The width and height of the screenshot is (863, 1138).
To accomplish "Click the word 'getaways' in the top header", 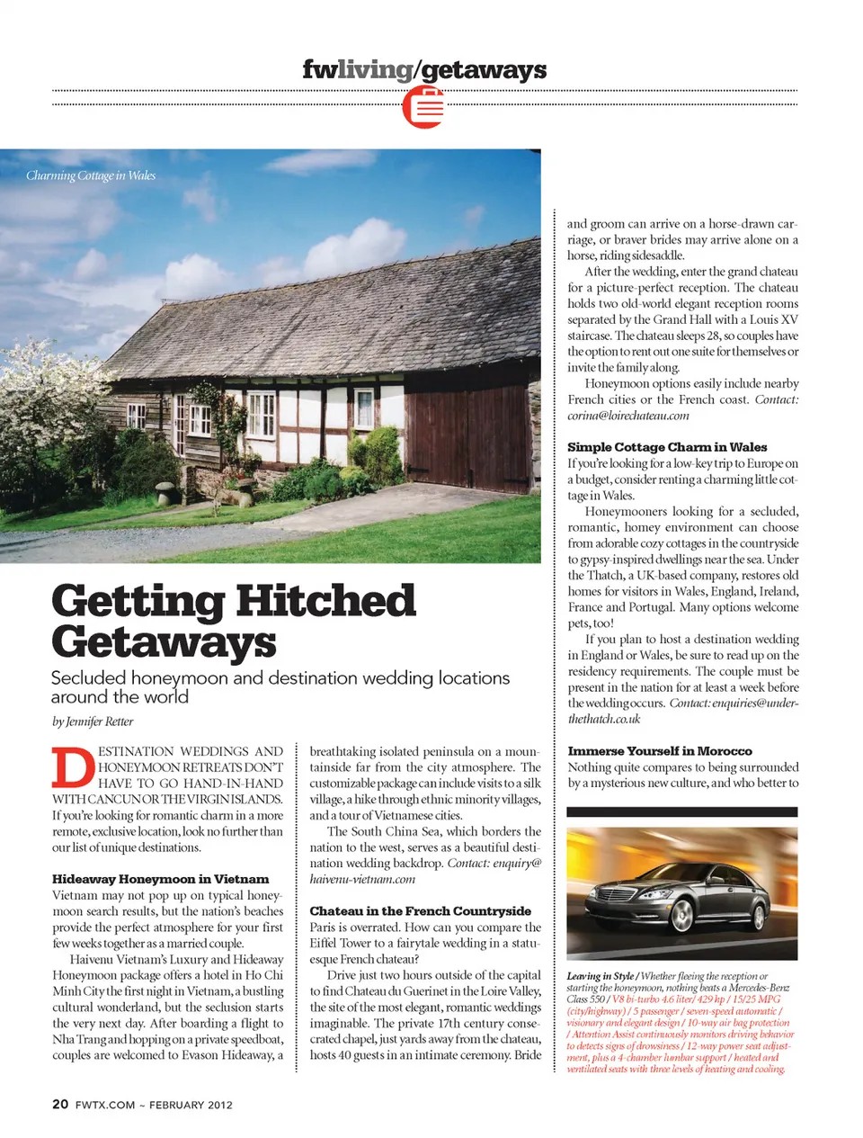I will tap(484, 69).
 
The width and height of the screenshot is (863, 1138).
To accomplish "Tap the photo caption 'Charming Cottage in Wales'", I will tap(91, 175).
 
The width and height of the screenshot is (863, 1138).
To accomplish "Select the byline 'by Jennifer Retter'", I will tap(93, 721).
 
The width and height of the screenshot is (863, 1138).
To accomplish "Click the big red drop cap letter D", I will tap(72, 767).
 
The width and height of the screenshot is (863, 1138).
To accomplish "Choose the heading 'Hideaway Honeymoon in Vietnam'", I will tap(160, 879).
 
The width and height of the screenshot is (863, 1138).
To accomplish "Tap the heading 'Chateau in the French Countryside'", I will tap(420, 910).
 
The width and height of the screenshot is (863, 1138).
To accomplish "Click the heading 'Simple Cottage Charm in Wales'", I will tap(667, 446).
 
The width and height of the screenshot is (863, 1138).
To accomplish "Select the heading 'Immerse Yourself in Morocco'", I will tap(659, 750).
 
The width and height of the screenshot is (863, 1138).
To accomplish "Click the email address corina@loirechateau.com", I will tap(627, 416).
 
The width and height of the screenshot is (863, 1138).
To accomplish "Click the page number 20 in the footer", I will tap(60, 1104).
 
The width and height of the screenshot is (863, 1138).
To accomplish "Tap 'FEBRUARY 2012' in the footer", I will tap(191, 1105).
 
